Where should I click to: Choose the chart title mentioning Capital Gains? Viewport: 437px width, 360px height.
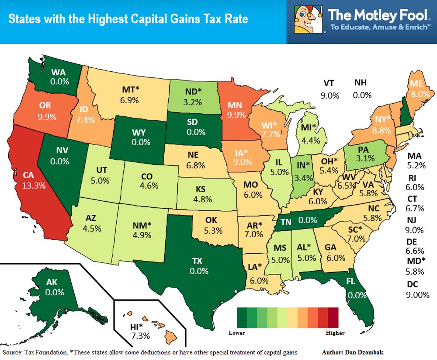[128, 19]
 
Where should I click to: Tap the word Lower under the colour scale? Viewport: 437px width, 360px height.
[237, 332]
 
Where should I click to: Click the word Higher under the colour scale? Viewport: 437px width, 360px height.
[335, 332]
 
